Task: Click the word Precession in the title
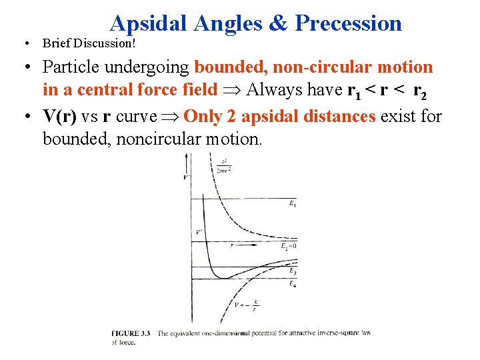pyautogui.click(x=348, y=24)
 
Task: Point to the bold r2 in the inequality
pyautogui.click(x=420, y=90)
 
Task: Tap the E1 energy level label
pyautogui.click(x=293, y=204)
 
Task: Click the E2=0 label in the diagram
pyautogui.click(x=289, y=247)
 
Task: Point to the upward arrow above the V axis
pyautogui.click(x=186, y=159)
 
